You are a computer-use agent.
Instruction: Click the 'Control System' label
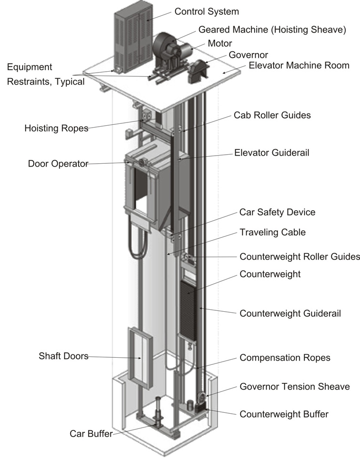206,11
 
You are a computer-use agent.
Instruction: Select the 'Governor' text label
249,55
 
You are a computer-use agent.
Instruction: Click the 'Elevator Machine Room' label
299,65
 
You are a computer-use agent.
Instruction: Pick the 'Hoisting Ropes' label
56,128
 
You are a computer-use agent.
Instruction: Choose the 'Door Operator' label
58,164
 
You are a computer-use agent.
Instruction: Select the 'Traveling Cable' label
272,232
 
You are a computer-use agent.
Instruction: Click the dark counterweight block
188,308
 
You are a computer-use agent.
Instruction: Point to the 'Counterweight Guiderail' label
290,313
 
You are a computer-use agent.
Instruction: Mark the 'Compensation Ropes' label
285,357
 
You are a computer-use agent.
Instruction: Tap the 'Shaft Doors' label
63,356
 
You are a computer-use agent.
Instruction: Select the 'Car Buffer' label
91,433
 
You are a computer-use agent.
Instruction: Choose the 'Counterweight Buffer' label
284,414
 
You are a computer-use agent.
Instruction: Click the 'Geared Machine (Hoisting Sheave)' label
272,29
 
